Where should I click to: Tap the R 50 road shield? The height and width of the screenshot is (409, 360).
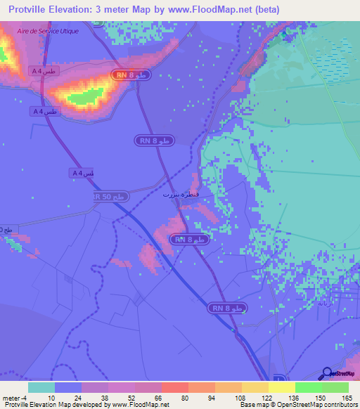112,197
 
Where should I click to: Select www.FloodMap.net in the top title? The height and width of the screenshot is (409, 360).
213,10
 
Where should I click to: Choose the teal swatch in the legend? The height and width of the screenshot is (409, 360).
41,387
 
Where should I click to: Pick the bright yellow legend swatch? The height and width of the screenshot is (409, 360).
281,387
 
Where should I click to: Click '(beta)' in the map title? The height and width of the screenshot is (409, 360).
266,10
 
